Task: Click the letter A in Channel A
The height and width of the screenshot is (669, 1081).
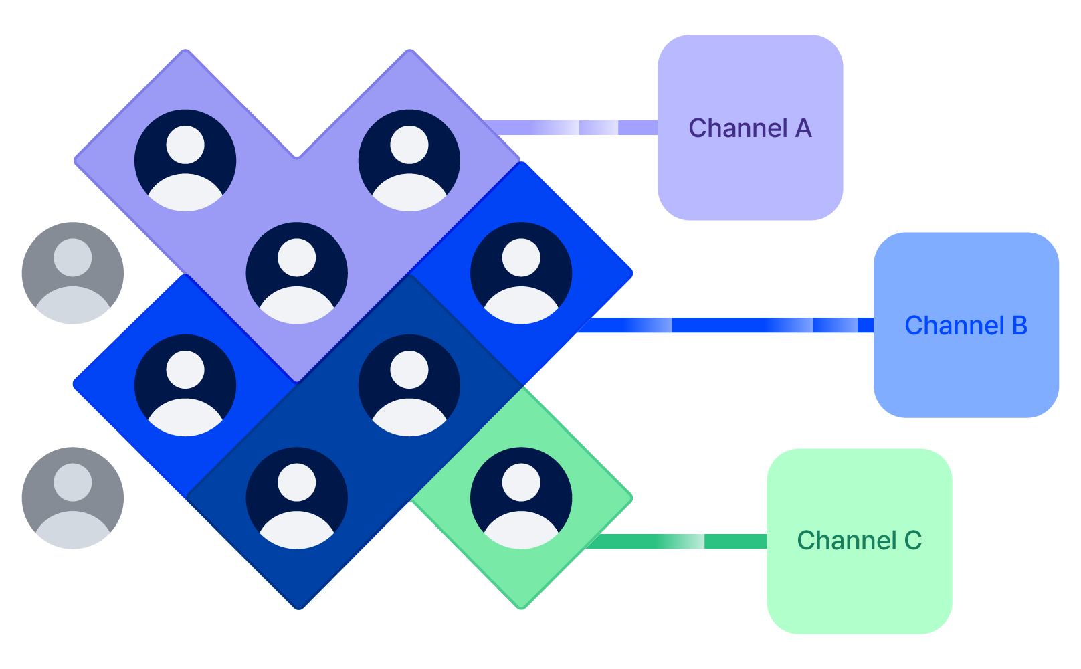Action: (x=803, y=128)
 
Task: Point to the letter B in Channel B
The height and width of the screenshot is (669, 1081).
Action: (x=1019, y=326)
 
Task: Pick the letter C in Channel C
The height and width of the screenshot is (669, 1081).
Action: (x=913, y=541)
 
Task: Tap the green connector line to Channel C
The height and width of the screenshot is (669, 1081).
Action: (x=676, y=541)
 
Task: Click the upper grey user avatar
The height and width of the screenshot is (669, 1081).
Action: (x=72, y=273)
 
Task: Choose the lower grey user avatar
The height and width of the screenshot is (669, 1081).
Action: (x=72, y=498)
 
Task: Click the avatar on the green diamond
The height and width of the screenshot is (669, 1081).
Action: (x=521, y=498)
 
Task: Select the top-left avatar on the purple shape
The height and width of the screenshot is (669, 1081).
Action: (x=185, y=161)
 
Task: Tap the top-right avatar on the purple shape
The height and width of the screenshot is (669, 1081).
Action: (x=409, y=161)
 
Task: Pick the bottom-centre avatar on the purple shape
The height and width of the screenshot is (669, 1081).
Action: (x=297, y=273)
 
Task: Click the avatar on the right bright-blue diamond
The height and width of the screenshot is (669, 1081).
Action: (x=521, y=273)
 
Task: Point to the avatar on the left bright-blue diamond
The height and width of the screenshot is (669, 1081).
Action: (x=185, y=385)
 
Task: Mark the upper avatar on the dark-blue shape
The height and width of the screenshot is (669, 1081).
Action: (x=409, y=385)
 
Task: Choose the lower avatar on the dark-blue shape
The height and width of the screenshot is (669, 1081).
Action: (x=297, y=498)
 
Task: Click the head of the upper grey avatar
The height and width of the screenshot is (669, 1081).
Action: (x=72, y=256)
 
